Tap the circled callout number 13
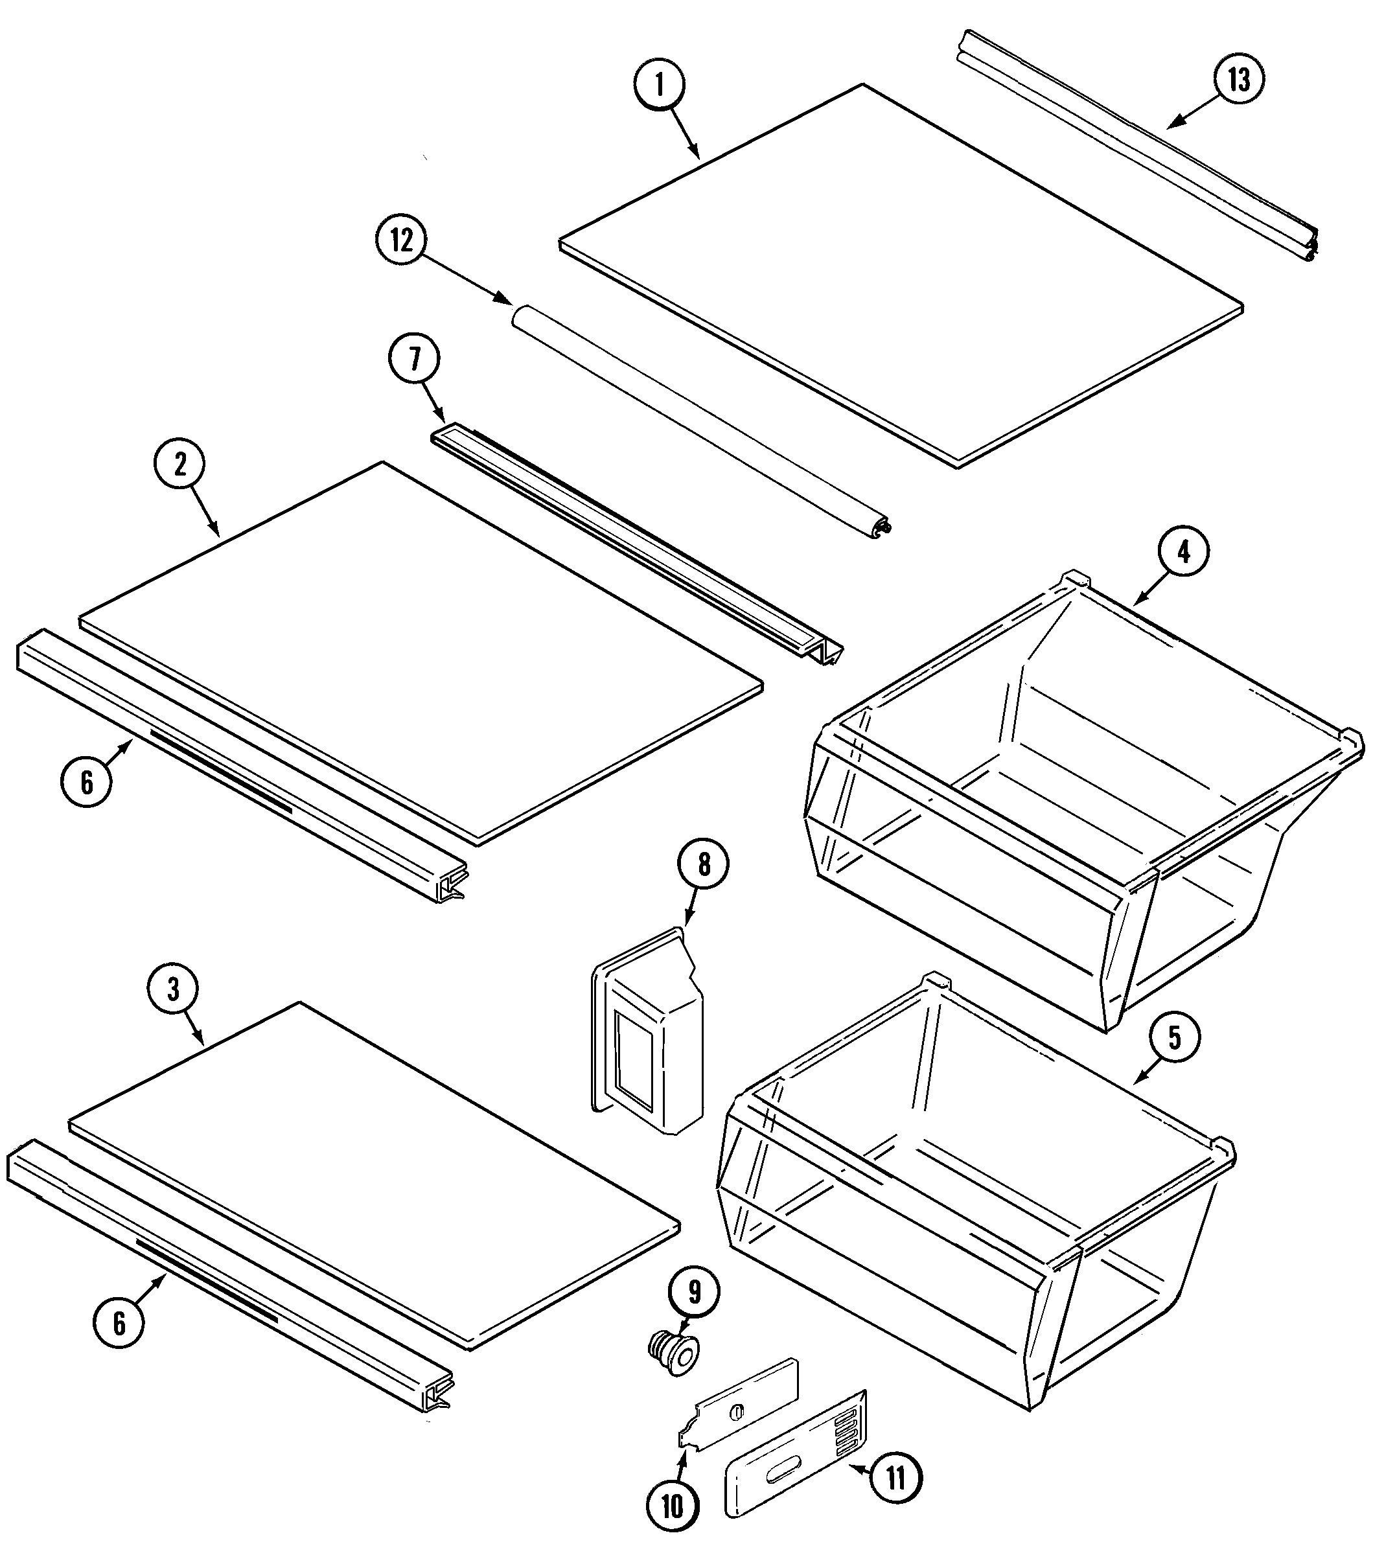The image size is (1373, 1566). [x=1239, y=80]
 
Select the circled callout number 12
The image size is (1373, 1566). [x=402, y=240]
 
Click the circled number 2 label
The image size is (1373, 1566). [x=179, y=465]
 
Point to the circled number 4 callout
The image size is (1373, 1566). [x=1184, y=551]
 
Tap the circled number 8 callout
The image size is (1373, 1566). [x=704, y=864]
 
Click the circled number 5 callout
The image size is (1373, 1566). [x=1174, y=1037]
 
